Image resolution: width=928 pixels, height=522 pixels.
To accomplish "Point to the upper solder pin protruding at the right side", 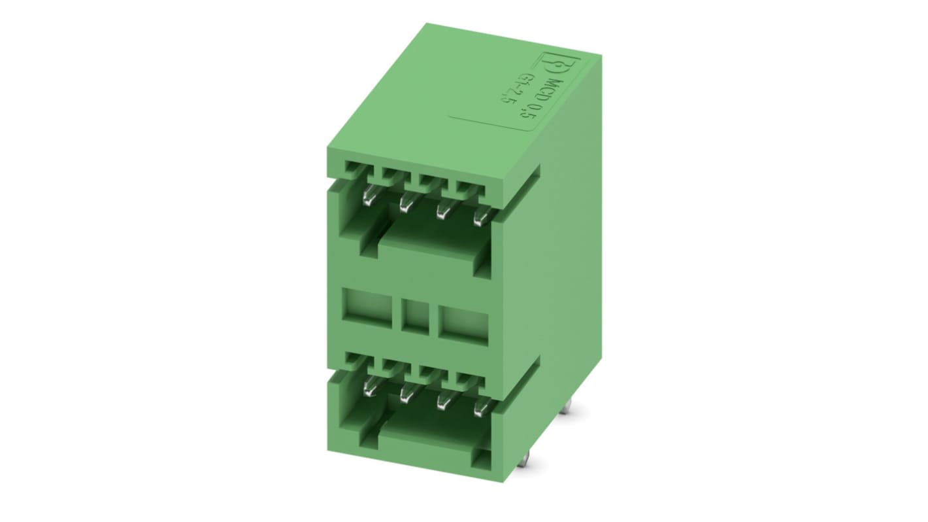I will [x=567, y=408].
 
